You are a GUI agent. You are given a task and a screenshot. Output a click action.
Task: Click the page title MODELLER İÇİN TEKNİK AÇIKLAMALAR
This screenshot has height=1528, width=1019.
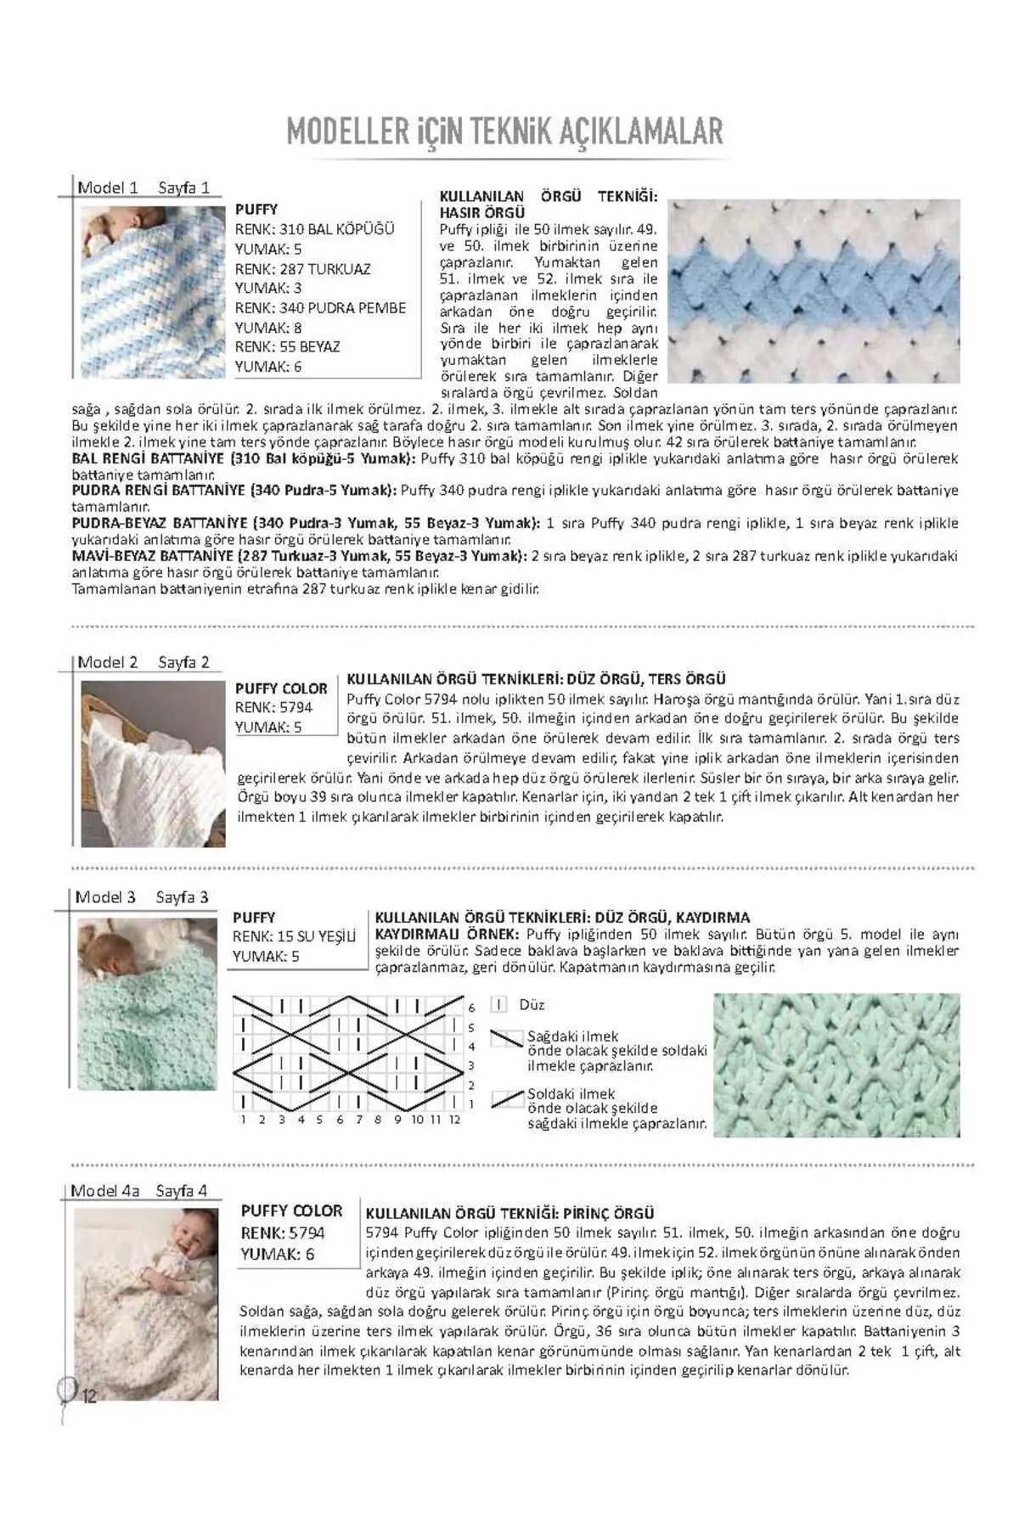click(504, 132)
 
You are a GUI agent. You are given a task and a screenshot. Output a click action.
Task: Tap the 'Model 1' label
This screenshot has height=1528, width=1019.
click(108, 188)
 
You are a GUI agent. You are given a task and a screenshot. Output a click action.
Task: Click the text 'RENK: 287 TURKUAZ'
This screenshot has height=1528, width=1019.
click(302, 269)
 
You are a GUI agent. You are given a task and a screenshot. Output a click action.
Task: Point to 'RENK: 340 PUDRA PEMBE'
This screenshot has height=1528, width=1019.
click(320, 308)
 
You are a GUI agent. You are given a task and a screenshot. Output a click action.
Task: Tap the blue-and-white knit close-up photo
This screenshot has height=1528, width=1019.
click(814, 291)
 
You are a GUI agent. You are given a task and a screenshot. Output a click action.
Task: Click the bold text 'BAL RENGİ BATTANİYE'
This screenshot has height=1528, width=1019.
click(148, 458)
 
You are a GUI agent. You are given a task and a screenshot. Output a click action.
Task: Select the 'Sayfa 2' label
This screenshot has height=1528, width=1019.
click(183, 662)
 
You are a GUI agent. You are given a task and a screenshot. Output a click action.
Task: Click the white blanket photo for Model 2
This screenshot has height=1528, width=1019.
click(154, 763)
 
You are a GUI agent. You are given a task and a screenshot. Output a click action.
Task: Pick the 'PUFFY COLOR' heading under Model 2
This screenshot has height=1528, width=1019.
click(281, 688)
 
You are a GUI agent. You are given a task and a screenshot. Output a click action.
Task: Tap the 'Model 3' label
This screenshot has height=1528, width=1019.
click(105, 897)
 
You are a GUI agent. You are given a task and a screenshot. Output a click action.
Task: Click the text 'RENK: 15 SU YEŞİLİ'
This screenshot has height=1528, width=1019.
click(294, 936)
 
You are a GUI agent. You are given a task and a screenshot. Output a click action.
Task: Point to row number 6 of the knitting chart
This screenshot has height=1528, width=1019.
click(471, 1008)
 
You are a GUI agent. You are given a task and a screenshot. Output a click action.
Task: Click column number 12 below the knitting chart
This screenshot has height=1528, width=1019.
click(454, 1120)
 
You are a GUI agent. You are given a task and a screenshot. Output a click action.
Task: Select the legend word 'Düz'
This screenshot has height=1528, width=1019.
click(532, 1005)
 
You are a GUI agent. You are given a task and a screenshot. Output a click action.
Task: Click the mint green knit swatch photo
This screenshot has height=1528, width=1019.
click(836, 1065)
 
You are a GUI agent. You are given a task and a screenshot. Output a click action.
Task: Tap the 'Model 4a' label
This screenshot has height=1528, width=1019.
click(105, 1191)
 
